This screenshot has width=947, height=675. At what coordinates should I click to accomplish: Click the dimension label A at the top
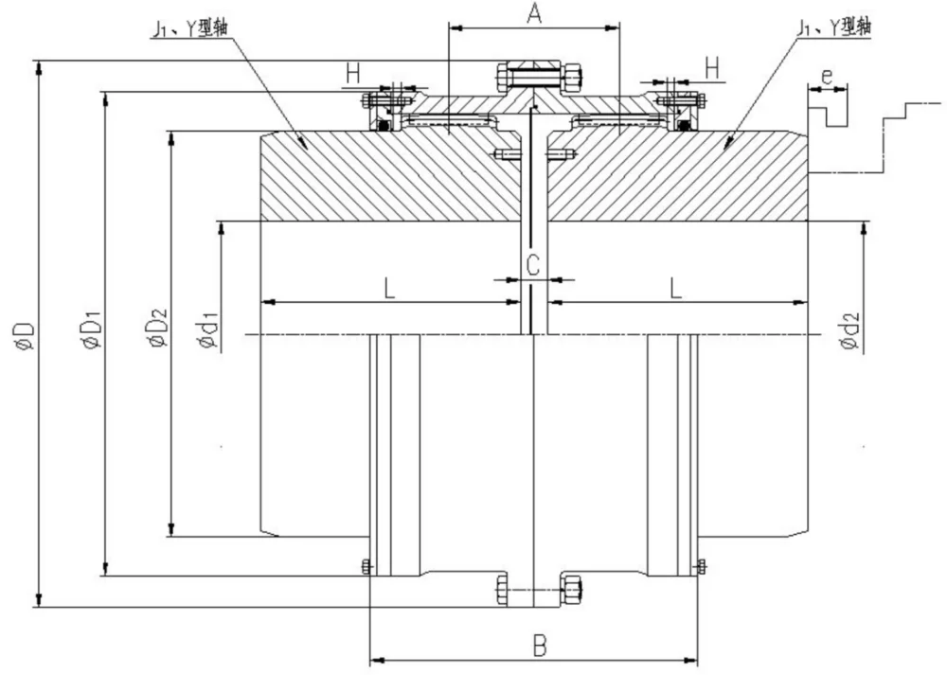pyautogui.click(x=534, y=13)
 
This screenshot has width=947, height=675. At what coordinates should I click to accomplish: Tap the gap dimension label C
pyautogui.click(x=532, y=265)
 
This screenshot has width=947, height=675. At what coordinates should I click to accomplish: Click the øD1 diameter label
pyautogui.click(x=93, y=330)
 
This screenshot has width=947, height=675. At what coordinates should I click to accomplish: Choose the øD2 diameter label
pyautogui.click(x=158, y=329)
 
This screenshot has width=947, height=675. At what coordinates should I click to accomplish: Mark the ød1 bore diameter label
pyautogui.click(x=208, y=330)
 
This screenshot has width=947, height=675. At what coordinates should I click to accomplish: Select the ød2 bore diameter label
pyautogui.click(x=849, y=330)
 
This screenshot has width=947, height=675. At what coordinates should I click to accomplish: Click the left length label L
pyautogui.click(x=389, y=289)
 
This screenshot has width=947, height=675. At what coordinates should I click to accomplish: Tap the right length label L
pyautogui.click(x=676, y=289)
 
